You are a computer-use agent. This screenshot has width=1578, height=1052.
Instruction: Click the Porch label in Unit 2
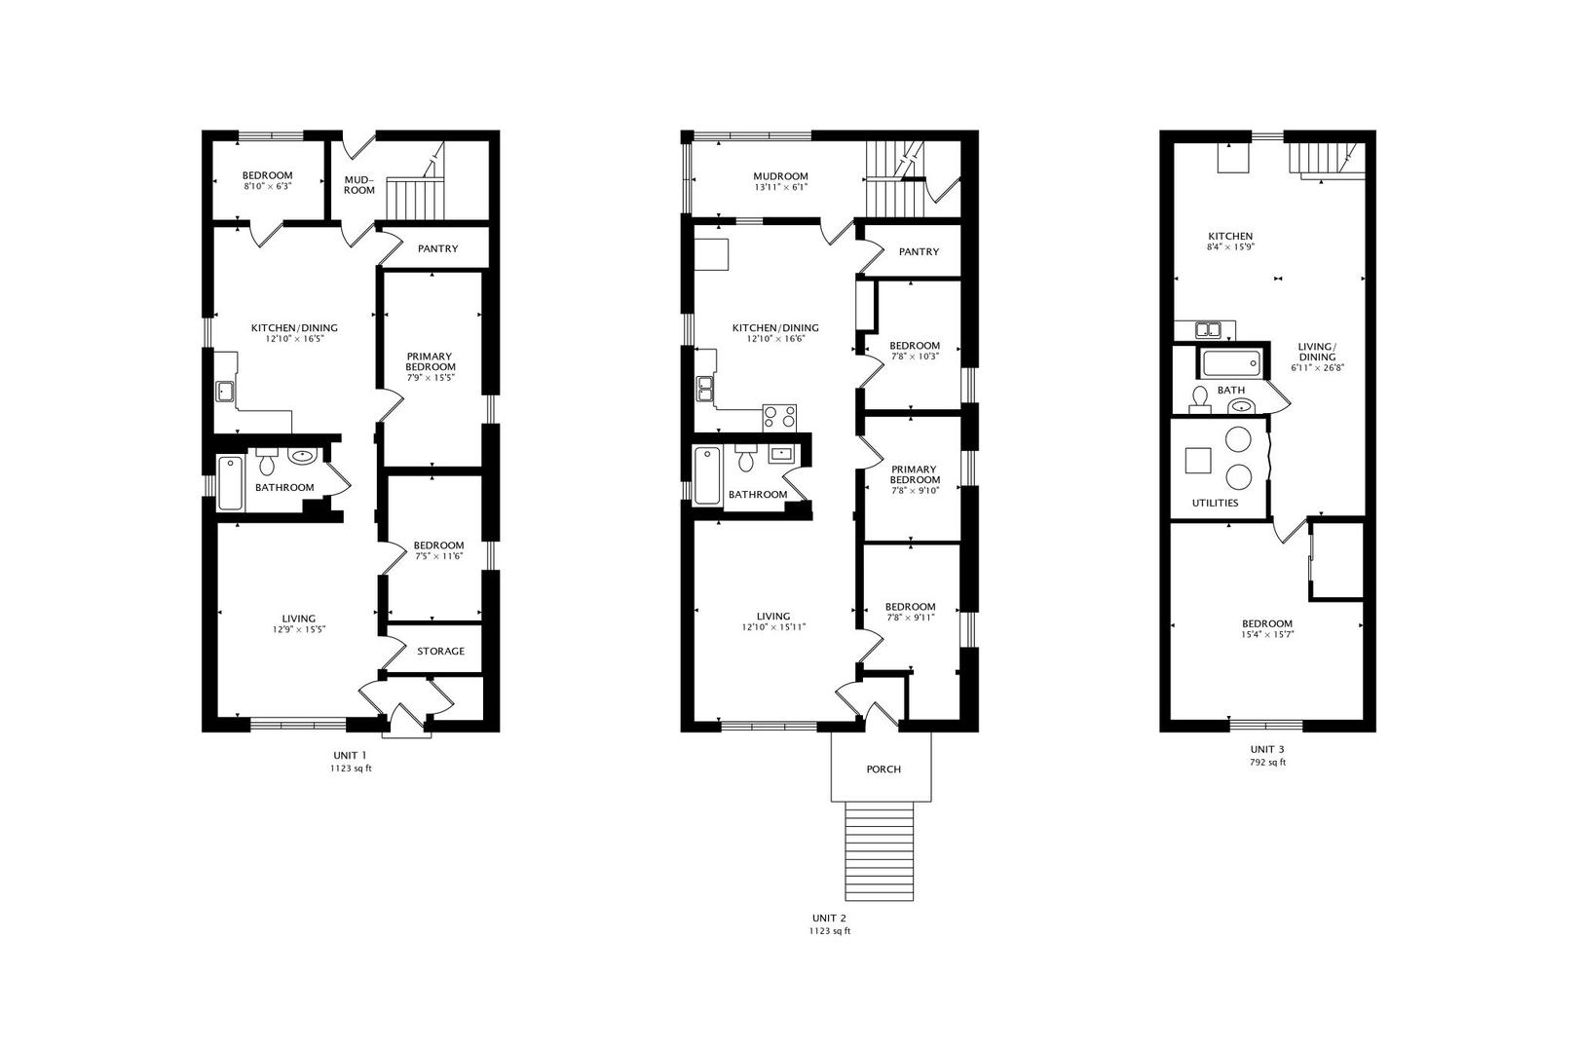883,770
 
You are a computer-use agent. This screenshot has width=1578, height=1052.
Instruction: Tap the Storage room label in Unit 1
440,651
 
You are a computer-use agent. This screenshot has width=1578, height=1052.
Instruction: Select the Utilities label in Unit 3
1216,503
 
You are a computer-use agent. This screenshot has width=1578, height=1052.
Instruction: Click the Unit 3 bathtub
1230,363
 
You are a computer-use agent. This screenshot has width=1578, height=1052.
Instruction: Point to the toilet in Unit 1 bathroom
266,461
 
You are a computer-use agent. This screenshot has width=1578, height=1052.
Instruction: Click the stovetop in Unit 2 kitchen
779,418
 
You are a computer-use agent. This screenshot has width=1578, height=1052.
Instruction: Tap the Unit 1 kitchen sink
225,391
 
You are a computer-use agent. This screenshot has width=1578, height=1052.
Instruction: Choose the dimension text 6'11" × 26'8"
1317,368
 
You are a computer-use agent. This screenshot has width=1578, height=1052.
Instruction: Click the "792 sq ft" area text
1267,762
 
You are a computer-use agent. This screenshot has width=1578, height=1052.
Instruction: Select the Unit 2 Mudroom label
780,176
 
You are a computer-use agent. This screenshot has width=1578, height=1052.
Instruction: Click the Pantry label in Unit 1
437,248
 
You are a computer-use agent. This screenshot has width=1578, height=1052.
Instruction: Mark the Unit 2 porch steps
880,851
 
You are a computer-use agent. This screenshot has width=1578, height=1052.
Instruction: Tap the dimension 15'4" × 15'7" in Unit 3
1267,634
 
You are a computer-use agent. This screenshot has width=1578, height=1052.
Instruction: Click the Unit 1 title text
350,755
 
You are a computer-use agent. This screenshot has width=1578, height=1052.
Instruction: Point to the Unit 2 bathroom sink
781,455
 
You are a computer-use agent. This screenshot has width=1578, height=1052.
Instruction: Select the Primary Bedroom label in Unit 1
431,361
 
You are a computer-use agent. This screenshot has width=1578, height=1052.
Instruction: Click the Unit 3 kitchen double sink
1209,329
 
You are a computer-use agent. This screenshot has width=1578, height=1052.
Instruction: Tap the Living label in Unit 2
773,616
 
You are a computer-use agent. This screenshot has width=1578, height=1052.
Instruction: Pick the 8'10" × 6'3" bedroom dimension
268,187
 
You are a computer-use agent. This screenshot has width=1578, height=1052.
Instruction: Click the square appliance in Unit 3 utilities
1198,460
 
